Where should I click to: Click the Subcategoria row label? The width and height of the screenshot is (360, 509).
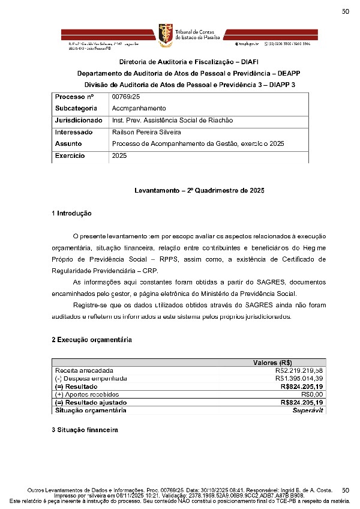point(76,109)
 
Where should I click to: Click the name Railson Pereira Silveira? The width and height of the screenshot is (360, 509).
point(146,132)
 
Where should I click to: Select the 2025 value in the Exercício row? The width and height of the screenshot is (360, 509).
point(119,155)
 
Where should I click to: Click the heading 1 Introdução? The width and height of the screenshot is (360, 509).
point(71,213)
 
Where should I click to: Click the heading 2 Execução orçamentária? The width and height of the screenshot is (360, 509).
point(91,340)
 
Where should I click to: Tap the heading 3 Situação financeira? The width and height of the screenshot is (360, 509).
point(85,430)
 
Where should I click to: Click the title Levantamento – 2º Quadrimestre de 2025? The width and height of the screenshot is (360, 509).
point(199,190)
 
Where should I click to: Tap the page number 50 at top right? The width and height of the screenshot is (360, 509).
point(346,11)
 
